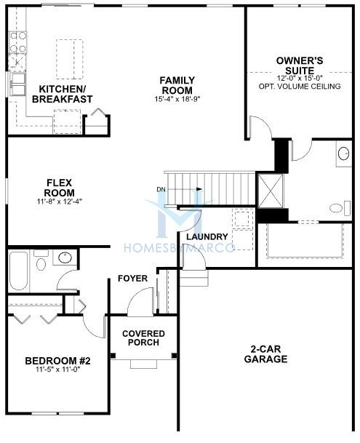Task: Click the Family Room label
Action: [176, 85]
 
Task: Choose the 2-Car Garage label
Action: [265, 354]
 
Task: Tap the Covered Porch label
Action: [144, 338]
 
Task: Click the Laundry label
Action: [207, 237]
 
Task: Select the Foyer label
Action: [133, 279]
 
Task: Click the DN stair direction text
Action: [161, 191]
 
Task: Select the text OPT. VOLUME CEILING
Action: [299, 87]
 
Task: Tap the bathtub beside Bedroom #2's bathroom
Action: [18, 269]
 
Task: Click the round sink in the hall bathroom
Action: [64, 258]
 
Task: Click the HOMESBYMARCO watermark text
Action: [180, 248]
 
